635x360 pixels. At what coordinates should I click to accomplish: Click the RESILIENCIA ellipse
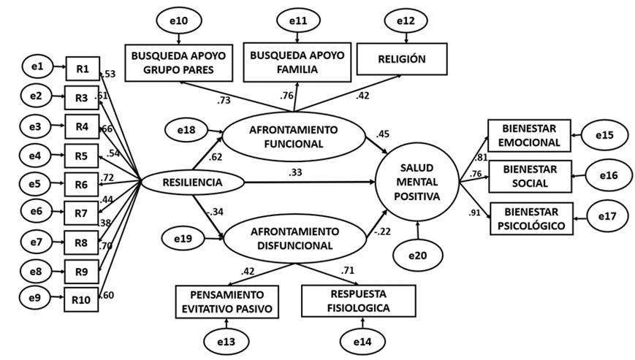tap(181, 181)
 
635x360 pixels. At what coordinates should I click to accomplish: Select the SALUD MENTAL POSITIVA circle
tap(417, 181)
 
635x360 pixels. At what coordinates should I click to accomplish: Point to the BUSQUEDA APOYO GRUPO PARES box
tap(179, 63)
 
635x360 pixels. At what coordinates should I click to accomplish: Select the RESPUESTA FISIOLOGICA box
tap(358, 301)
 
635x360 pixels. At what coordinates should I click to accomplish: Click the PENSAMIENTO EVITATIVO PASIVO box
tap(228, 302)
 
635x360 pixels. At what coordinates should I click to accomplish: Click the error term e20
tap(418, 256)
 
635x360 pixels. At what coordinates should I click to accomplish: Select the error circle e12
tap(404, 20)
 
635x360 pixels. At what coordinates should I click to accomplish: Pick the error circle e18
tap(186, 129)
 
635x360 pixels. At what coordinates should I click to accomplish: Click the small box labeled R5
tap(82, 154)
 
